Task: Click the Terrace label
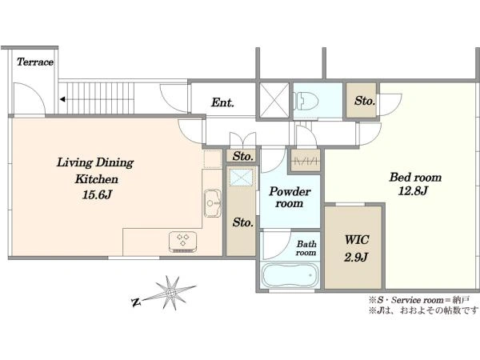pos(35,62)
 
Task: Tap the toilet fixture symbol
pos(306,101)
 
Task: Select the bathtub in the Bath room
pos(290,274)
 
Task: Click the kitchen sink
pos(213,203)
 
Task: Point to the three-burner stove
pos(182,242)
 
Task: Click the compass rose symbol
pos(171,293)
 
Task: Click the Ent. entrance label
pos(222,102)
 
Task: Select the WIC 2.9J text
pos(356,248)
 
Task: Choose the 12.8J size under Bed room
pos(413,191)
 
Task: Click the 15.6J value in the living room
pos(97,194)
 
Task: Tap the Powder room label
pos(290,198)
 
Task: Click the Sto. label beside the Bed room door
pos(365,101)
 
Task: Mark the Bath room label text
pos(306,248)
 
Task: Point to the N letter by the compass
pos(136,302)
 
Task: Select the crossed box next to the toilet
pos(274,100)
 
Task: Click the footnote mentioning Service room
pos(419,300)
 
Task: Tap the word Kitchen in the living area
pos(97,179)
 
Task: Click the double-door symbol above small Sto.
pos(242,139)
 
